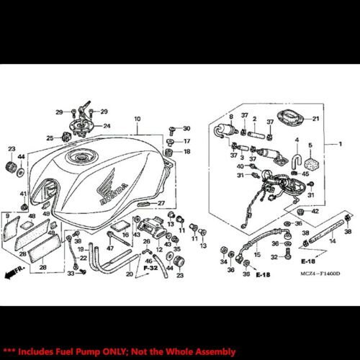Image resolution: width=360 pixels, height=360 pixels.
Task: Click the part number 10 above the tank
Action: (137, 118)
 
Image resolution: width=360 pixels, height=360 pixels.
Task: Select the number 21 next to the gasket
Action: (315, 118)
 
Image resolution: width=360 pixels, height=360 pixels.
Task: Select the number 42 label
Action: (315, 211)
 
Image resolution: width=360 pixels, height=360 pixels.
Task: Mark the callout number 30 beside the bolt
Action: (186, 128)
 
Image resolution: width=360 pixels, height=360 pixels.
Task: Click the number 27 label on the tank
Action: (162, 203)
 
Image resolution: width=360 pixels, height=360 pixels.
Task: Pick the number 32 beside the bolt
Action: (274, 256)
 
